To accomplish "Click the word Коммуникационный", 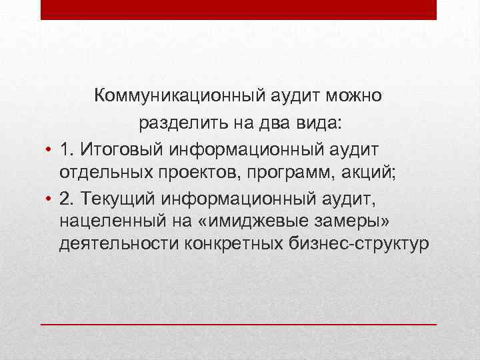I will coord(181,96).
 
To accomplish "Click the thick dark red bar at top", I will coord(238,9).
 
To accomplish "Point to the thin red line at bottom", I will coord(238,323).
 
